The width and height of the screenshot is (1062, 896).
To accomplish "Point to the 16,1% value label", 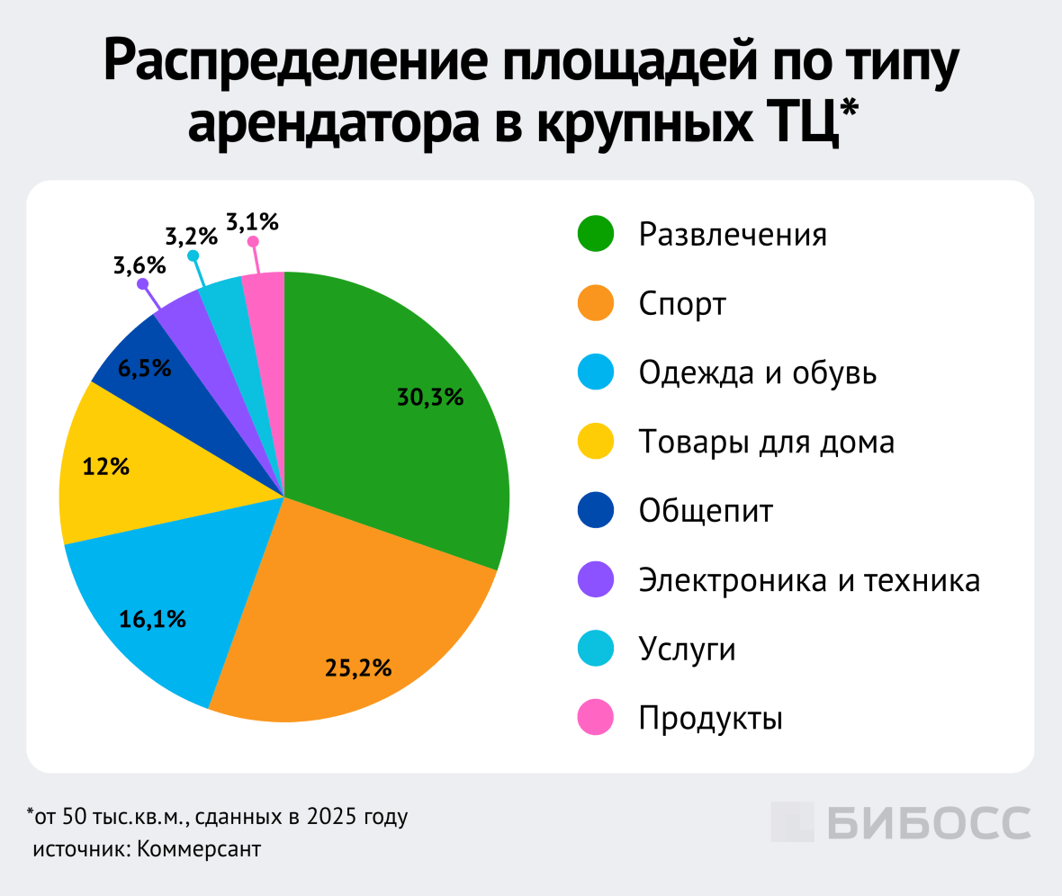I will coord(153,619).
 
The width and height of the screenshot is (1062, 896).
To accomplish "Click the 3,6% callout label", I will coord(139,265).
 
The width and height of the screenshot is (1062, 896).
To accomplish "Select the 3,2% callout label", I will coord(191,237).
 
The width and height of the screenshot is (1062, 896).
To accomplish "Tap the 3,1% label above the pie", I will coord(253,220).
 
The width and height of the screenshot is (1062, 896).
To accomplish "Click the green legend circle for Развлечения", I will coord(595,235).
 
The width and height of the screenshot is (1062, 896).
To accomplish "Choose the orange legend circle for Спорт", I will coord(595,303).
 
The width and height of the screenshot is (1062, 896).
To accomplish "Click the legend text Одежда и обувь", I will coord(757,372).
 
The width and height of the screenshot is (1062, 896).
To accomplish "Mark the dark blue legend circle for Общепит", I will coord(595,511).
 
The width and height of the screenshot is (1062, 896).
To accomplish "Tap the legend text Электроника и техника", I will coord(809,580).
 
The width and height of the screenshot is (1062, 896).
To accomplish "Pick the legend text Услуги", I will coord(688,649).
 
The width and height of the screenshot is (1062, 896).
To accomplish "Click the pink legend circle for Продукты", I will coord(595,718).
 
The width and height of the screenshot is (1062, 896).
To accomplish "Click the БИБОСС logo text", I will coord(900,821).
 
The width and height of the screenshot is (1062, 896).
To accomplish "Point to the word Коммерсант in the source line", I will coord(199,849).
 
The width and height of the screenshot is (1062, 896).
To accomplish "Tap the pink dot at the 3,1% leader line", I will coord(254,241).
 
